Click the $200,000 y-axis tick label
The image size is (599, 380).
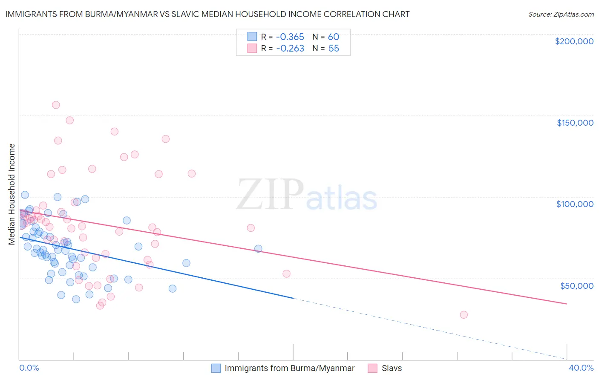[x=574, y=41]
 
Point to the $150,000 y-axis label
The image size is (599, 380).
[x=575, y=123]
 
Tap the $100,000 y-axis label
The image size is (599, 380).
[x=575, y=204]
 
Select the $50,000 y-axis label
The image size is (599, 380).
[x=576, y=285]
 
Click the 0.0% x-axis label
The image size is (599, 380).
[x=29, y=368]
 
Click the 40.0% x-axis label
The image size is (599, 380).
[x=581, y=368]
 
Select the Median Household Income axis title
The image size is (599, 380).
[x=12, y=194]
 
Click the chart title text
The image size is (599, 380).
[x=207, y=14]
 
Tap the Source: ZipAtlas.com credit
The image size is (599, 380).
[x=561, y=14]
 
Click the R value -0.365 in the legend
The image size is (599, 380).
[x=290, y=37]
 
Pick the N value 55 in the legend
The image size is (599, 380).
[x=334, y=49]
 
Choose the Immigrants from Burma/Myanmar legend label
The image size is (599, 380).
[x=289, y=368]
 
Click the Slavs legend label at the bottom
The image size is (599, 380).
[x=392, y=368]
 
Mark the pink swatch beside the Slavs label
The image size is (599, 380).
[x=373, y=368]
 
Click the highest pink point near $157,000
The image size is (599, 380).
[x=56, y=105]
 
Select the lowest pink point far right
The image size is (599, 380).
[x=464, y=315]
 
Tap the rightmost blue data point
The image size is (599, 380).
[x=258, y=248]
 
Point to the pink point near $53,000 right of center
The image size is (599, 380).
[x=286, y=274]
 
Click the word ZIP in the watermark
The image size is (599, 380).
[x=270, y=194]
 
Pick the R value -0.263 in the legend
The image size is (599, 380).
[x=290, y=49]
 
